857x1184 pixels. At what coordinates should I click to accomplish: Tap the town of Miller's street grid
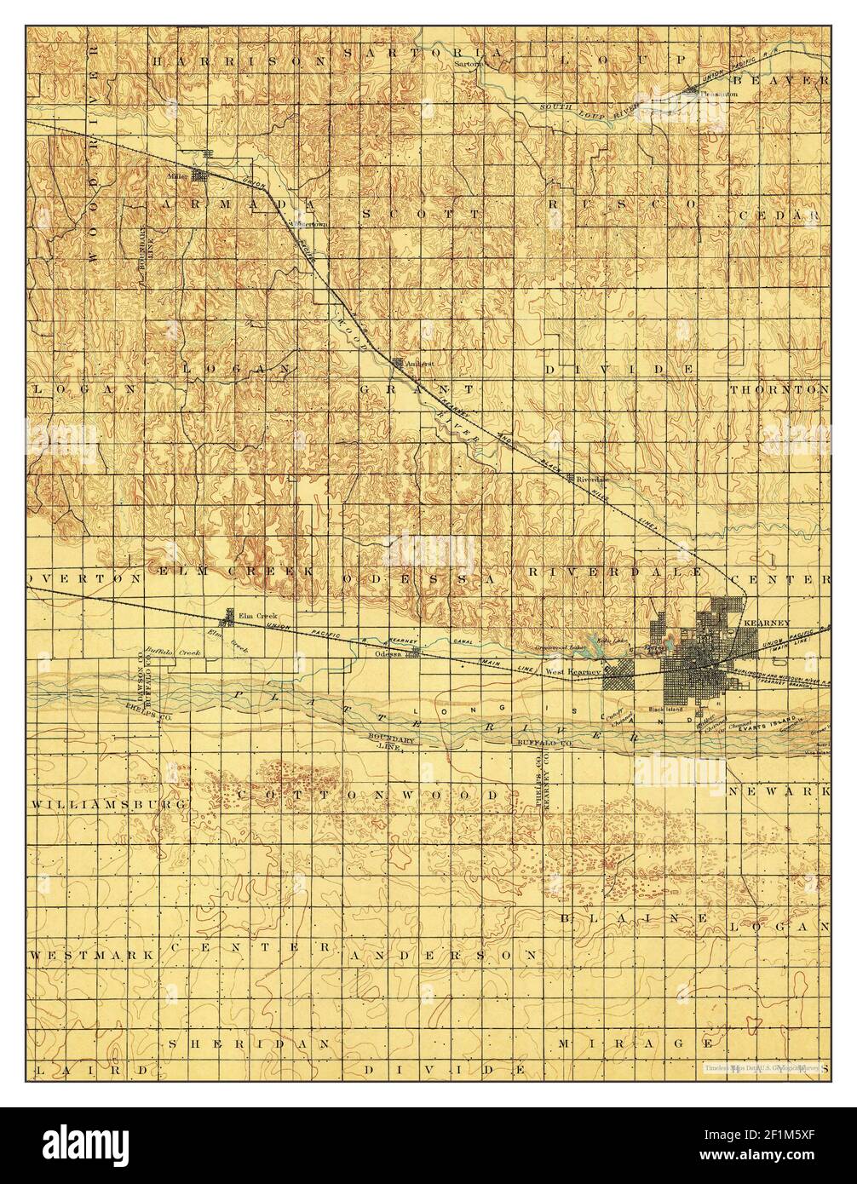(x=200, y=176)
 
